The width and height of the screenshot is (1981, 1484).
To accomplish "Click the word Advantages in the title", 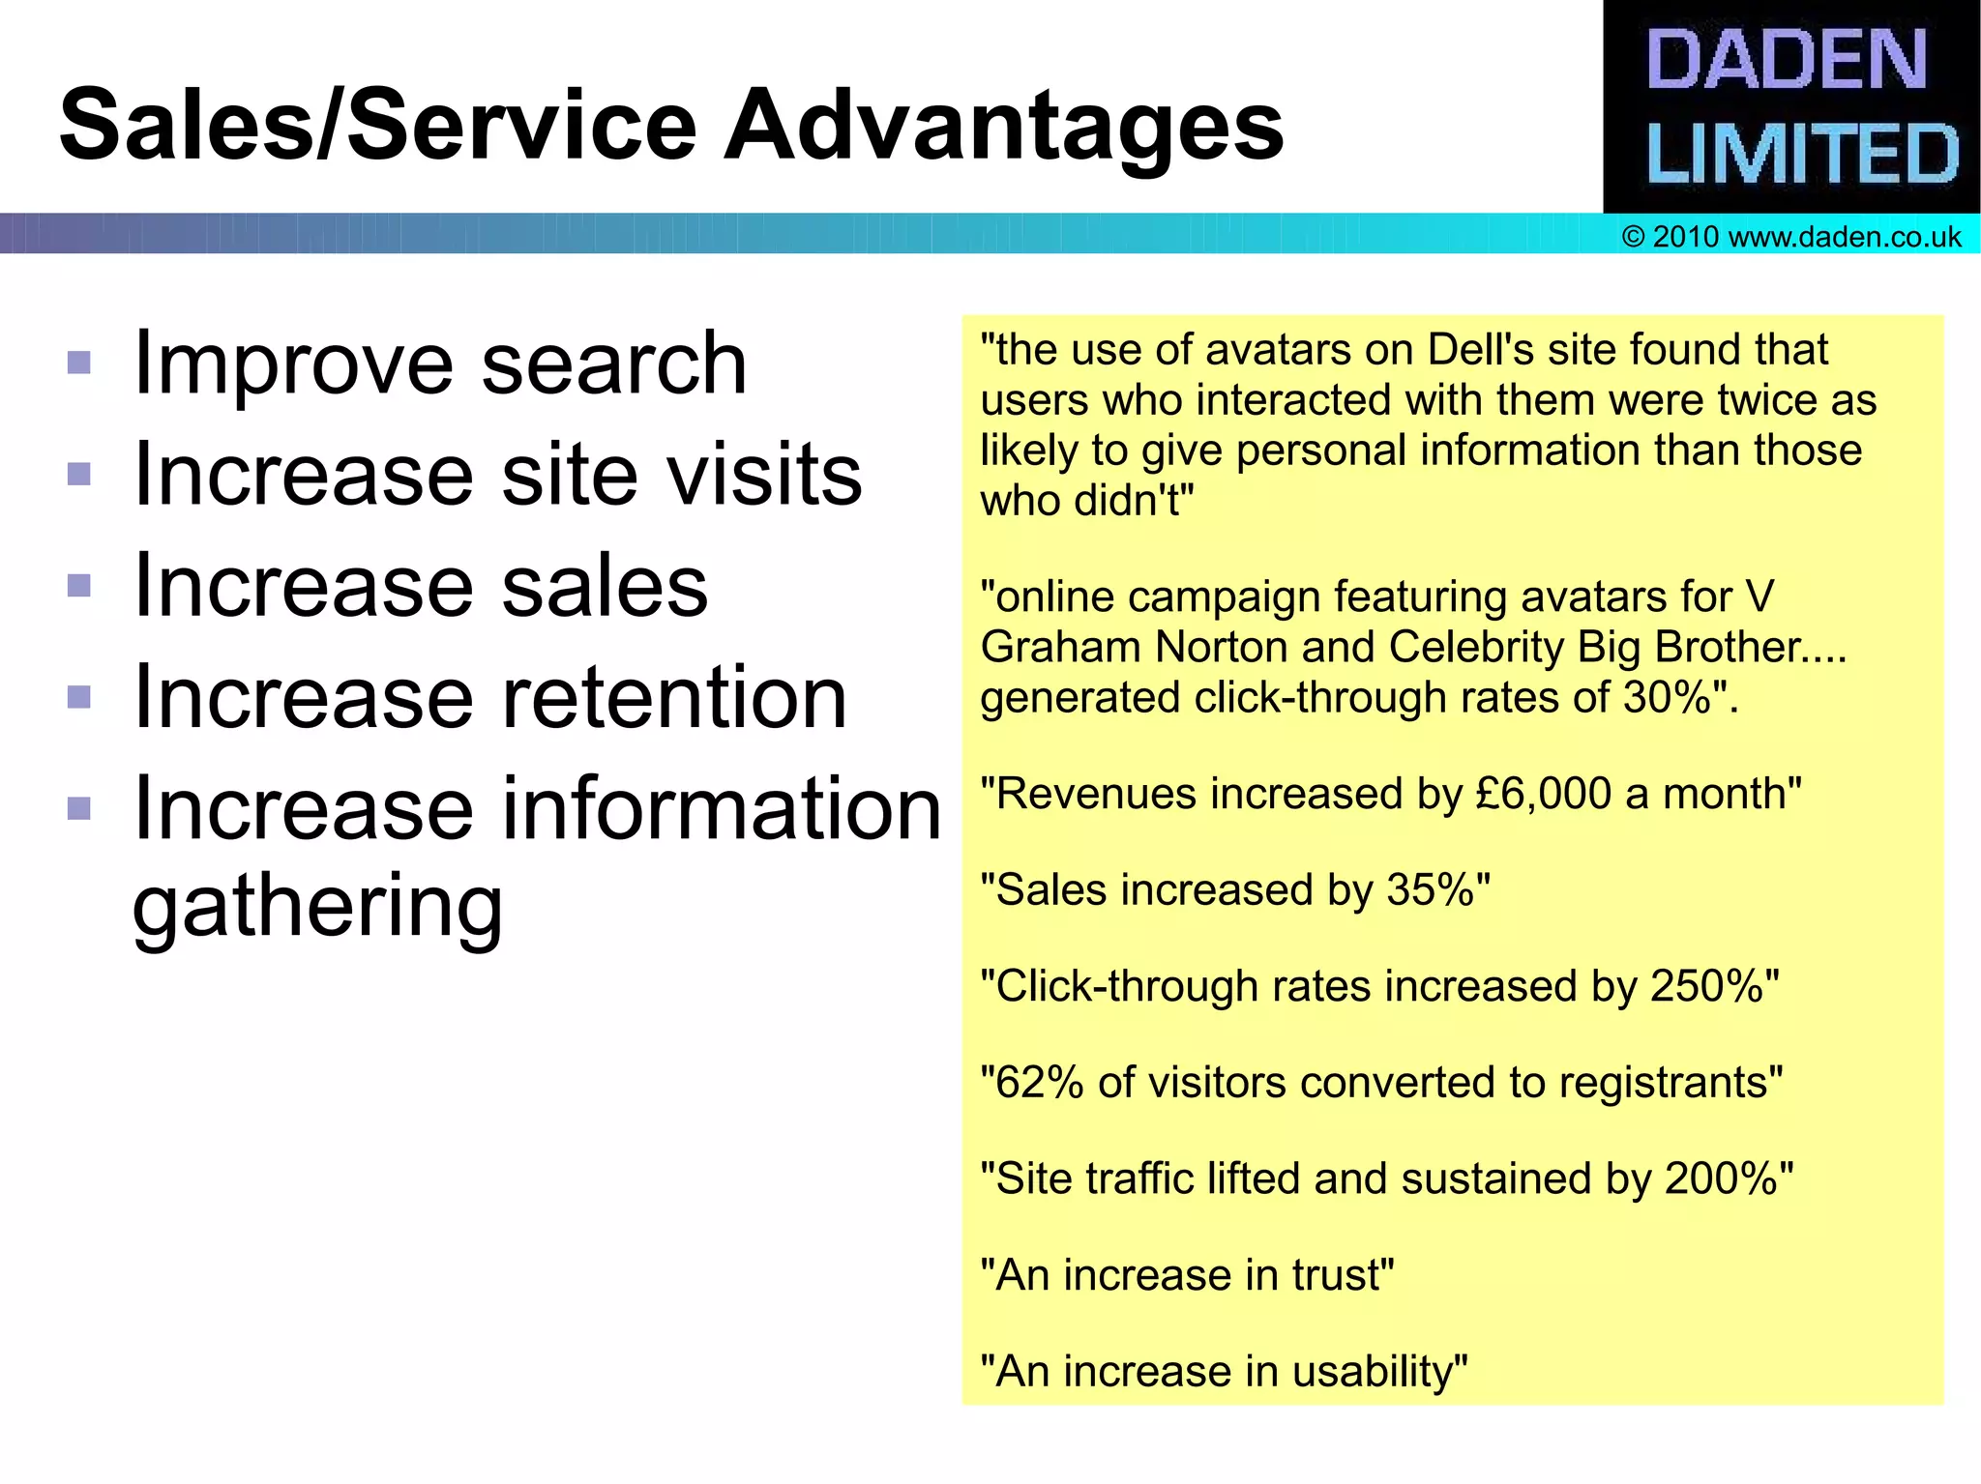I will tap(1004, 126).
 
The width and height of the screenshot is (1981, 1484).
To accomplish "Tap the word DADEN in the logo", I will tap(1786, 60).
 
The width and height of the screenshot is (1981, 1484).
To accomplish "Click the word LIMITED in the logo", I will tap(1801, 155).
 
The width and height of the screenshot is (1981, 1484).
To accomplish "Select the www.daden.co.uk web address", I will tap(1845, 237).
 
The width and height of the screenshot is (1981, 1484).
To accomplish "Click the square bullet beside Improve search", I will tap(79, 363).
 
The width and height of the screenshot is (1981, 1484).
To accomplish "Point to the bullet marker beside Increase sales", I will tap(79, 586).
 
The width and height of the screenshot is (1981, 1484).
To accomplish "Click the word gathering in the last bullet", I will tap(317, 906).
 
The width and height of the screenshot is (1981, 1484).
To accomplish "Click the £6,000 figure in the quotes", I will tap(1544, 794).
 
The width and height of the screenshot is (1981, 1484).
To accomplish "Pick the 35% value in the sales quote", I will tap(1431, 890).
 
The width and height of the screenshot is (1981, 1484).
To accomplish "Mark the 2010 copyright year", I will tap(1685, 237).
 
